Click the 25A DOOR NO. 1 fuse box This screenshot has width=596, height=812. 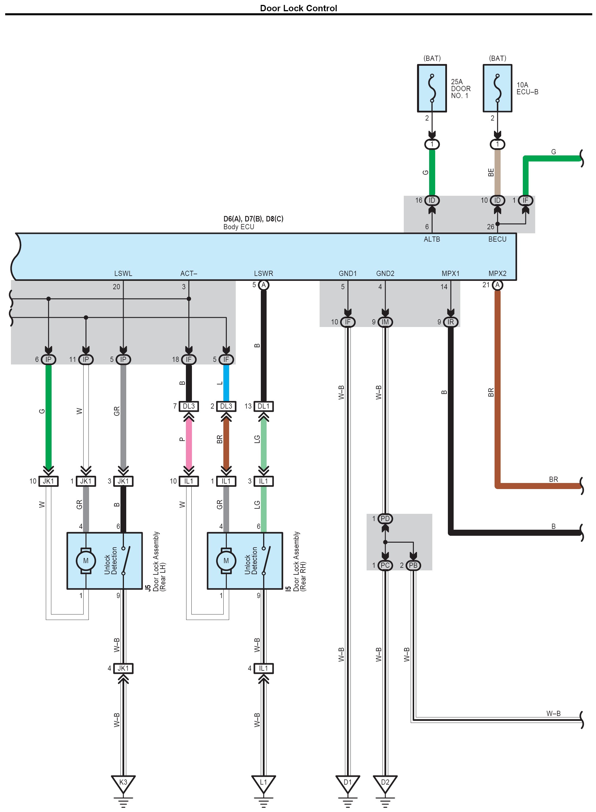tap(432, 89)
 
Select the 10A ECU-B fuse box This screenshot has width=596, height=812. tap(497, 89)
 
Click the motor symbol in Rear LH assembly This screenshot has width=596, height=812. tap(86, 561)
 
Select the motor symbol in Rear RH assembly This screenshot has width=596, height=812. tap(226, 561)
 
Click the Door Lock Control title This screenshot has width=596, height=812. tap(298, 8)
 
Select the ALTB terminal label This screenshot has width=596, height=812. tap(432, 239)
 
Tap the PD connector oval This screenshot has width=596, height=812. tap(385, 518)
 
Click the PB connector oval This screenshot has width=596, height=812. tap(413, 565)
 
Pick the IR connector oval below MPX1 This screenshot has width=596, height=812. tap(451, 322)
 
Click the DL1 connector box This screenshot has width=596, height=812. tap(263, 406)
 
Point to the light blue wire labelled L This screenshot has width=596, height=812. tap(226, 383)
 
